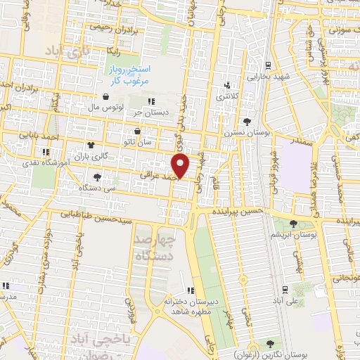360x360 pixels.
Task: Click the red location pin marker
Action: pos(181,166)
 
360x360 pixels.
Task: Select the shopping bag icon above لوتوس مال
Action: pos(105,97)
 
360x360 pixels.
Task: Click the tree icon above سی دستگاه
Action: pos(96,177)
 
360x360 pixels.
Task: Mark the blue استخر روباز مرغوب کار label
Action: pos(132,76)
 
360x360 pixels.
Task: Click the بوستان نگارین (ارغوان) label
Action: pos(269,354)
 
